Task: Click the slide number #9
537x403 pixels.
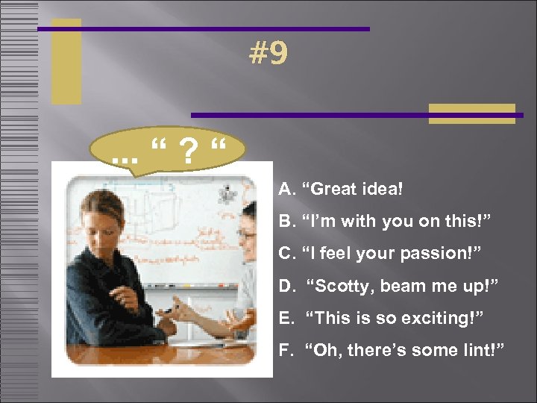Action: tap(268, 54)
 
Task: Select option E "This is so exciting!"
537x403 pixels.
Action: tap(382, 318)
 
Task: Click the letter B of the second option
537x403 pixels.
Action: tap(286, 222)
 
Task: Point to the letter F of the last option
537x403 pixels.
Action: tap(285, 350)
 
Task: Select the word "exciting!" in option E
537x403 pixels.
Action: tap(447, 318)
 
